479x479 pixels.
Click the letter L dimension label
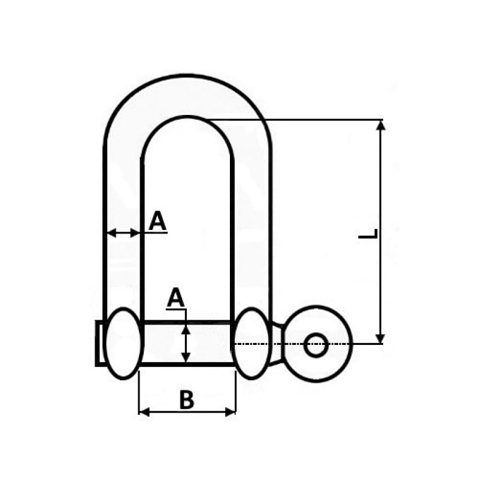click(x=368, y=234)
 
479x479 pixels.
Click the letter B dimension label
click(x=187, y=399)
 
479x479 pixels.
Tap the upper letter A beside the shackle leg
click(x=157, y=220)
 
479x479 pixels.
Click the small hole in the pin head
click(x=316, y=345)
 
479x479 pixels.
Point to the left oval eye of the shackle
click(x=123, y=343)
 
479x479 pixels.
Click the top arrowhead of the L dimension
click(x=380, y=125)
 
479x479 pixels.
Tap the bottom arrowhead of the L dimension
click(x=380, y=339)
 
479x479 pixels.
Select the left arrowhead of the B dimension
click(x=144, y=412)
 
